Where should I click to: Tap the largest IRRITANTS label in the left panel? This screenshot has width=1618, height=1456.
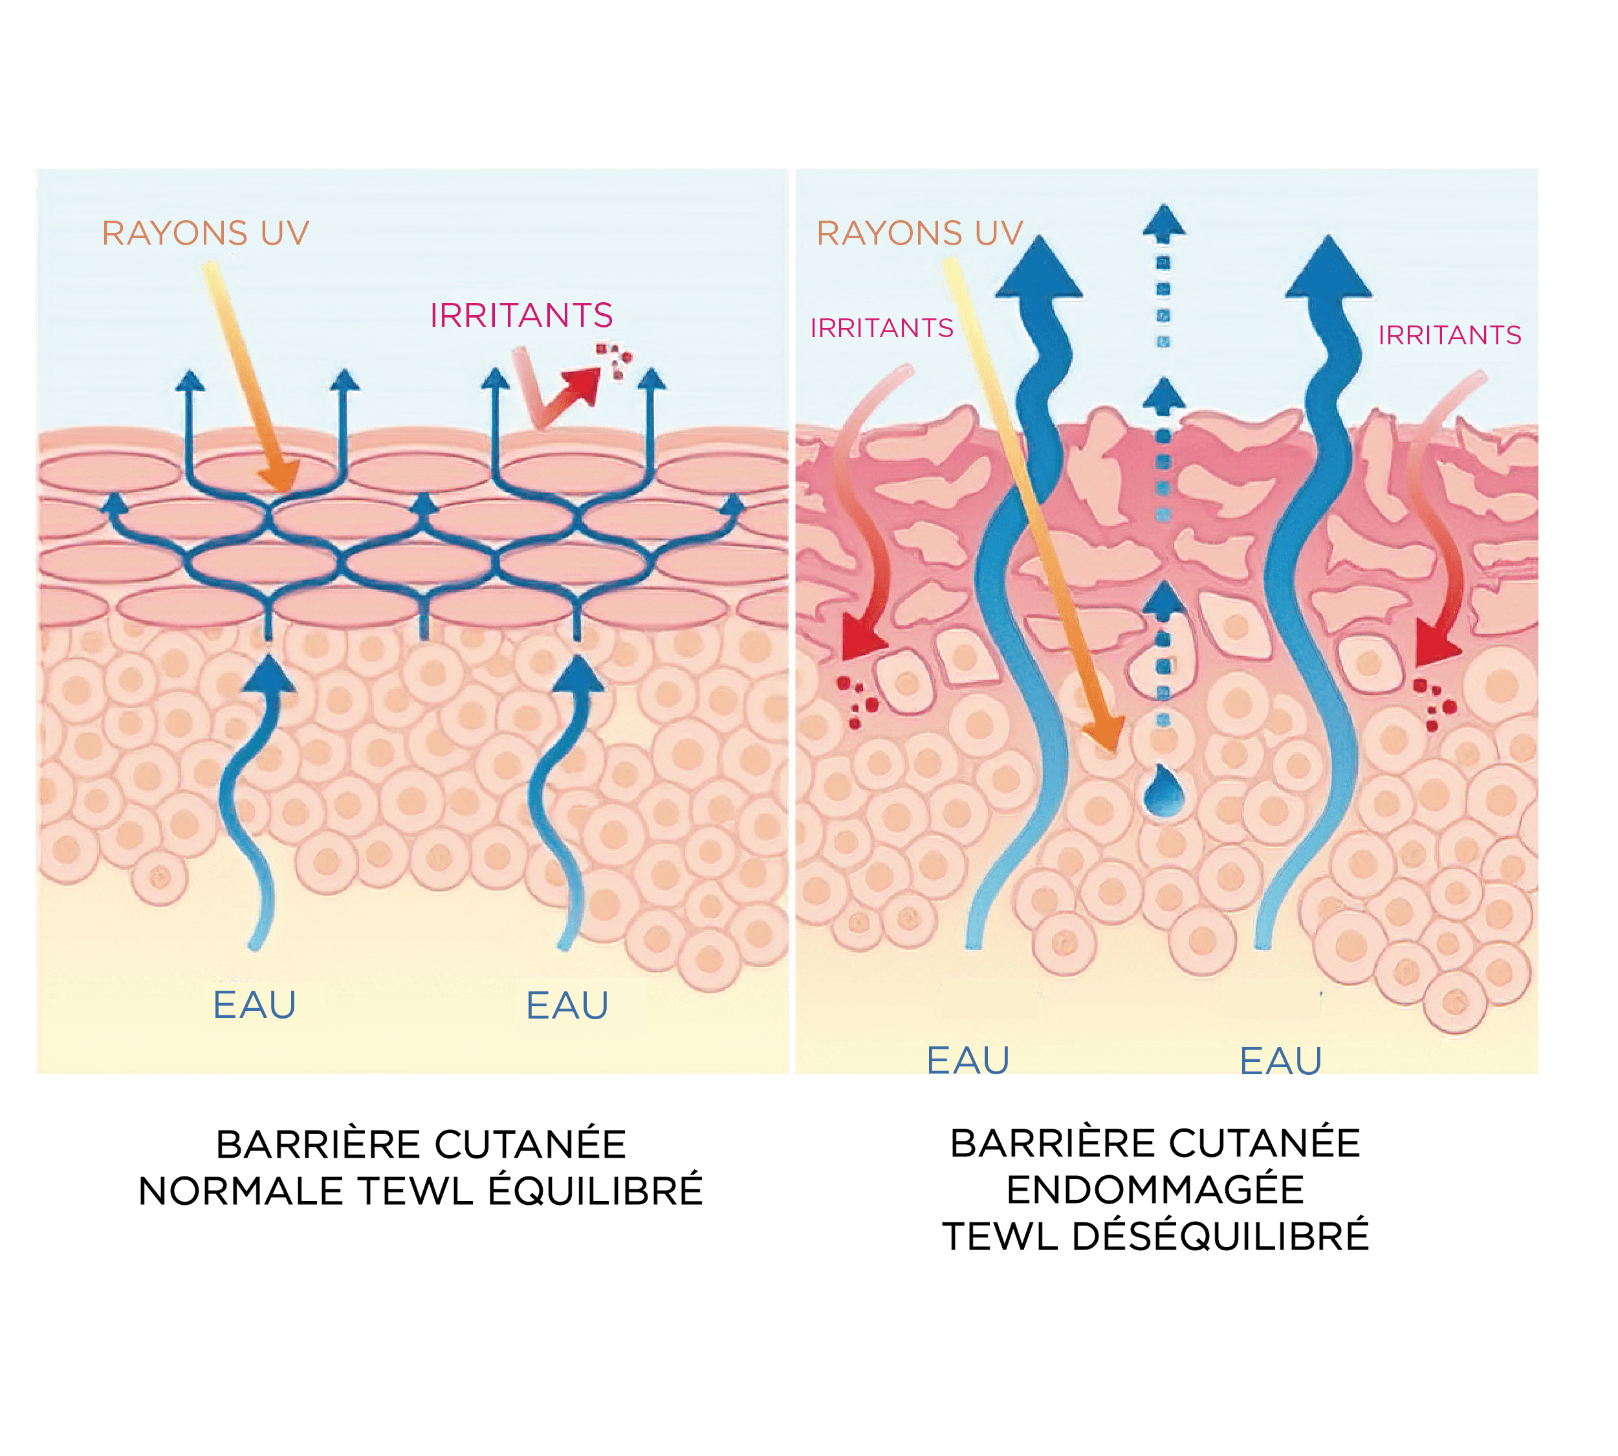pos(521,315)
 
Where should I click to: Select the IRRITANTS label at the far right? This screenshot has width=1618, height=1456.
pos(1449,335)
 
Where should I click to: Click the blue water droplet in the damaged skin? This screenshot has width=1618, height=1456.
pos(1164,791)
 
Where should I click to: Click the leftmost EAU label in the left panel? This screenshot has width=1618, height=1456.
pos(254,1006)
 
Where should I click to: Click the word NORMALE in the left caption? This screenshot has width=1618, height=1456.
pos(241,1191)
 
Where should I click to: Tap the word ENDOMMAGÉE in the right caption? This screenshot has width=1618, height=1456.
pos(1154,1189)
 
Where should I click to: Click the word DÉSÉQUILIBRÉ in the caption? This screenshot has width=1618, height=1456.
pos(1219,1236)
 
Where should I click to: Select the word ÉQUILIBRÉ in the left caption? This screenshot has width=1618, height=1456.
pos(595,1191)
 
